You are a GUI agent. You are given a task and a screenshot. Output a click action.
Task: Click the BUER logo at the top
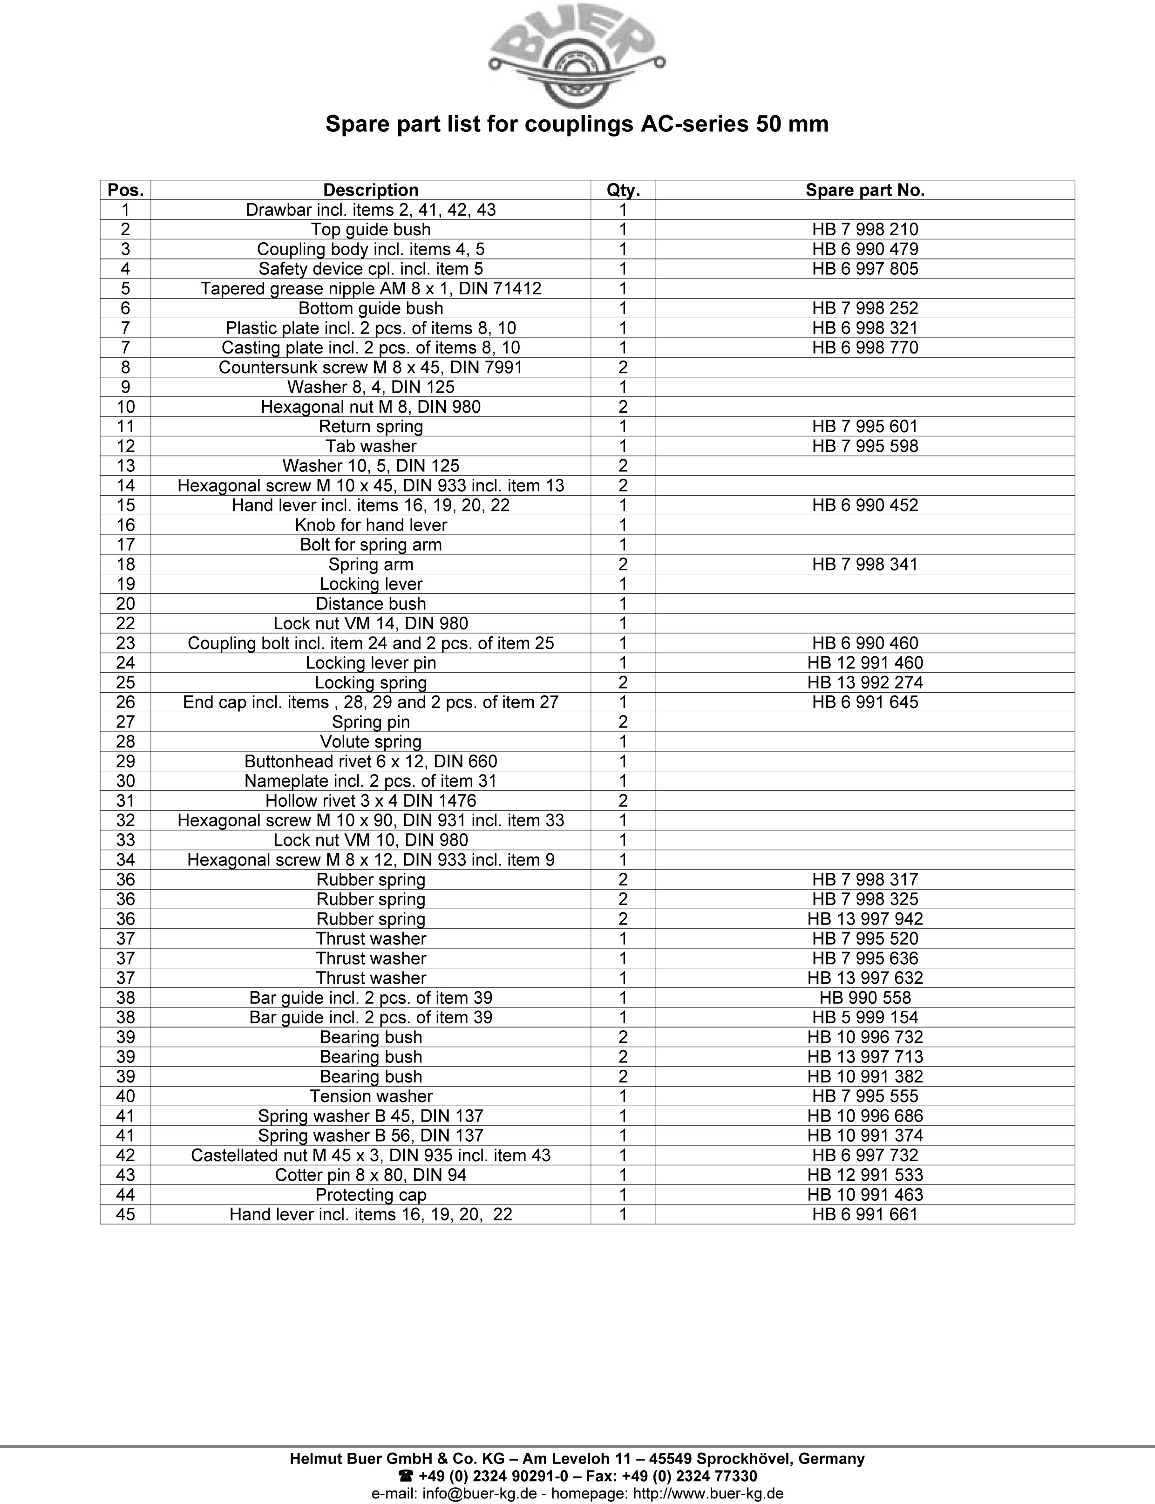[x=576, y=58]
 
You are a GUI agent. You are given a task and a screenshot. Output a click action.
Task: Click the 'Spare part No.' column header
[x=865, y=191]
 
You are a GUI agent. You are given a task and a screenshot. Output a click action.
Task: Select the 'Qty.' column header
[x=623, y=191]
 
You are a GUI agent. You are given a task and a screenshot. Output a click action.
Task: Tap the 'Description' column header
[x=371, y=191]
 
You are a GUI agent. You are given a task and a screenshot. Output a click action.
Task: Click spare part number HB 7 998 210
[x=865, y=230]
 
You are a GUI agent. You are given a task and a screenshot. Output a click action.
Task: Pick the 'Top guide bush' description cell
[x=371, y=230]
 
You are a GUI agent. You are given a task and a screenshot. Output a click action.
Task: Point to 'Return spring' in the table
[x=371, y=427]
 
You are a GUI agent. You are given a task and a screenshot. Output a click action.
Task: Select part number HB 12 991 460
[x=865, y=663]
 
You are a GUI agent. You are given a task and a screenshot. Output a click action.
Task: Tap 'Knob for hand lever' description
[x=371, y=525]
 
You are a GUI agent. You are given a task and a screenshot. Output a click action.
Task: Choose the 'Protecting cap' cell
[x=371, y=1195]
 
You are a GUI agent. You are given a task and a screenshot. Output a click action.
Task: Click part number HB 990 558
[x=865, y=998]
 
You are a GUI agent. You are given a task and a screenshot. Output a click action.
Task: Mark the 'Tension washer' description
[x=371, y=1096]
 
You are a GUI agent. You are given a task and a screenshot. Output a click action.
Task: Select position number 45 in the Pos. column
[x=126, y=1215]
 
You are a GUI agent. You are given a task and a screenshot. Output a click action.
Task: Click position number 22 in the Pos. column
[x=126, y=624]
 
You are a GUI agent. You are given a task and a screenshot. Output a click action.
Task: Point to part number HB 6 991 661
[x=865, y=1215]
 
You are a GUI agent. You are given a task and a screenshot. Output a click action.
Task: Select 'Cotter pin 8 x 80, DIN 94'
[x=371, y=1176]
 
